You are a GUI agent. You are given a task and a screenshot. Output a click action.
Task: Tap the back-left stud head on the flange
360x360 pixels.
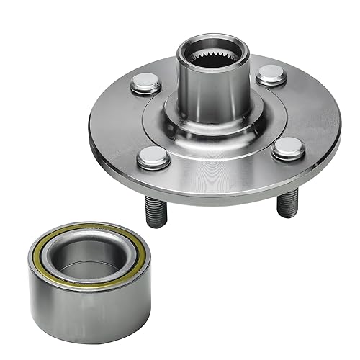[146, 84]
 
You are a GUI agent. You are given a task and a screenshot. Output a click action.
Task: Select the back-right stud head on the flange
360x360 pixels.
[271, 74]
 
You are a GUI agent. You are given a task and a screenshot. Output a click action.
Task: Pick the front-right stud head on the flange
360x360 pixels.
[289, 148]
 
